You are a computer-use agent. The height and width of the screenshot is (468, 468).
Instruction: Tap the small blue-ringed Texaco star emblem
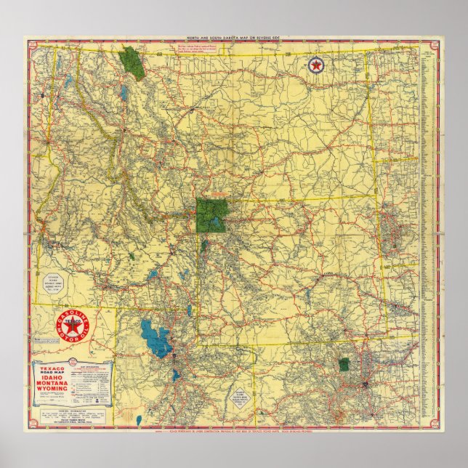tap(316, 67)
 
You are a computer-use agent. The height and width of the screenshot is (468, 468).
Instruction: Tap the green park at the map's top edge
tap(132, 62)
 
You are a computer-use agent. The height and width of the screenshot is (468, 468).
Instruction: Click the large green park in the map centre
tap(211, 215)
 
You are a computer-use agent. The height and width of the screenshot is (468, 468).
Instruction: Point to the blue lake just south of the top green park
tap(125, 93)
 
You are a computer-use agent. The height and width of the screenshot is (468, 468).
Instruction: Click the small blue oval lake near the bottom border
tap(174, 376)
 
